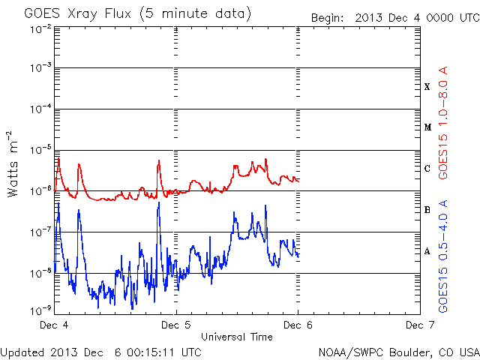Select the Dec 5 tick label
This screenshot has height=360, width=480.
coord(175,325)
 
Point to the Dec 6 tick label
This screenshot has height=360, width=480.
coord(298,325)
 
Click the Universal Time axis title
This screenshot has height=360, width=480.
coord(236,337)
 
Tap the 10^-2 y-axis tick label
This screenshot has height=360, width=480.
coord(40,28)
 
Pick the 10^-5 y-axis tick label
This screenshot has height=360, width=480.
coord(40,150)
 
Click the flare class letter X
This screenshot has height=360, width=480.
coord(427,87)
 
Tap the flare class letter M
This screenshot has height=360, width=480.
coord(427,127)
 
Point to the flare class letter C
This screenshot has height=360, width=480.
coord(427,169)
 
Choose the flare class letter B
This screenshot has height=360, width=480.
coord(427,210)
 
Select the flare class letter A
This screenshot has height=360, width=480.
coord(427,251)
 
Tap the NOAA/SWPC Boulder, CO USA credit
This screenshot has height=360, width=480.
coord(397,351)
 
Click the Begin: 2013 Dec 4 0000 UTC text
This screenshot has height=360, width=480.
coord(393,16)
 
